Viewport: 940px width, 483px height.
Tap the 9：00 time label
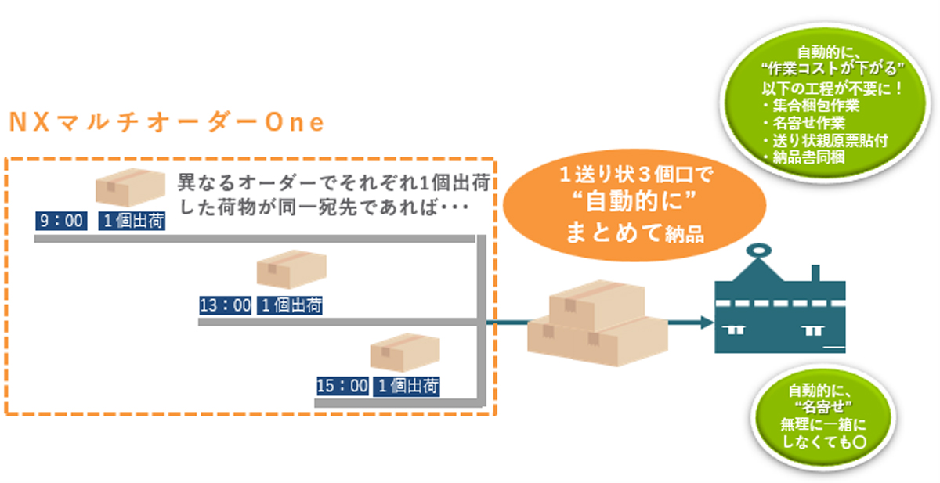(62, 222)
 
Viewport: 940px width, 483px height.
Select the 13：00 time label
(225, 305)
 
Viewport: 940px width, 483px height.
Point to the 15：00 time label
(342, 385)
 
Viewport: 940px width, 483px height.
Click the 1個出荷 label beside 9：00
(133, 222)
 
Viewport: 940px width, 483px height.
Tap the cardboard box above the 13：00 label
(291, 270)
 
